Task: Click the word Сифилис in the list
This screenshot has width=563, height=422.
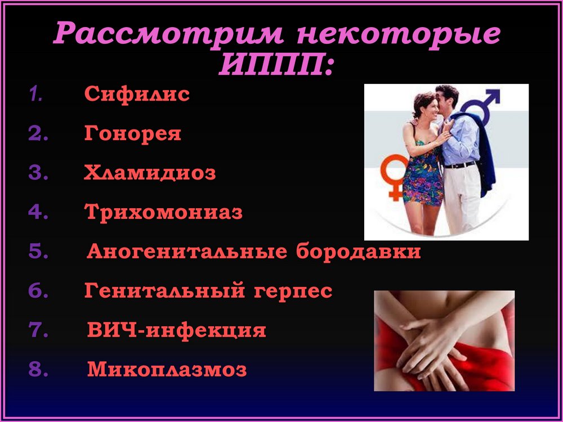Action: click(137, 94)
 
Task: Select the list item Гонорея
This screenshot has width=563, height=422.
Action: click(133, 133)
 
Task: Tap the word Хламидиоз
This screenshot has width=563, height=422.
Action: click(150, 173)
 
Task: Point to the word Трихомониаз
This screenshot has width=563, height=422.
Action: click(164, 212)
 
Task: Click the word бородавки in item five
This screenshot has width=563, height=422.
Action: click(358, 251)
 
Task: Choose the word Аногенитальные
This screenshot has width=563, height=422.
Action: click(187, 251)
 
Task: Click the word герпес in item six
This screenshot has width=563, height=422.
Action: click(293, 291)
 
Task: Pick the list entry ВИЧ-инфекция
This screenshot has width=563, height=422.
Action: click(177, 330)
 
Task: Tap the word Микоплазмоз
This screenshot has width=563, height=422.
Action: click(167, 369)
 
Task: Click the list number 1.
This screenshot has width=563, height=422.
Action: click(35, 93)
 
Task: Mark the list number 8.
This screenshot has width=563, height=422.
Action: click(38, 369)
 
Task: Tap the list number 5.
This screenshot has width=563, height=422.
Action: click(38, 251)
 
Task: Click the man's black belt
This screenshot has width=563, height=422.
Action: click(459, 165)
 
